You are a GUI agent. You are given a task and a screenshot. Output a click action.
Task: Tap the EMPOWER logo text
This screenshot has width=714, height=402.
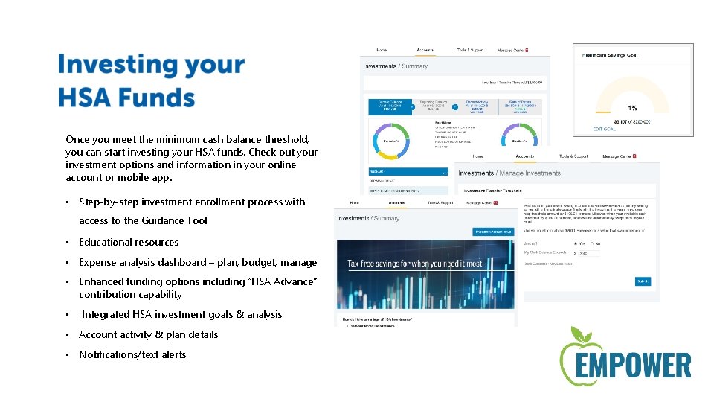tap(625, 366)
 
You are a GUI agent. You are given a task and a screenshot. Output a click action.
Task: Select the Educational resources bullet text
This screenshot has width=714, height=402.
tap(129, 242)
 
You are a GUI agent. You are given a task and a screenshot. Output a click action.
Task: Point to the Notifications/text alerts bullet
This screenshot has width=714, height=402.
tap(132, 354)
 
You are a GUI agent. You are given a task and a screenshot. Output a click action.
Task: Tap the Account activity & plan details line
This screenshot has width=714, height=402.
tap(148, 334)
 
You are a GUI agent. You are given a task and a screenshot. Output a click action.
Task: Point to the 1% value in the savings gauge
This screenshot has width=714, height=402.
tap(632, 107)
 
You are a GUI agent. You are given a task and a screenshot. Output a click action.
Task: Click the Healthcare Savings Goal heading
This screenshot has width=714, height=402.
tap(610, 55)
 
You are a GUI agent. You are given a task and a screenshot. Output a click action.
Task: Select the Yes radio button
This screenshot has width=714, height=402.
tap(576, 243)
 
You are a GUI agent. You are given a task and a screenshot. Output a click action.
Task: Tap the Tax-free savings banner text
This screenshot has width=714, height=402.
tap(415, 264)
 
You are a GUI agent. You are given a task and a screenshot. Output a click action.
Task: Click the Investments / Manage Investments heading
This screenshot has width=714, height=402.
tap(509, 173)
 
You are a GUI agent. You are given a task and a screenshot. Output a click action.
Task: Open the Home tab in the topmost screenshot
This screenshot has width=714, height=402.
tap(382, 50)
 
